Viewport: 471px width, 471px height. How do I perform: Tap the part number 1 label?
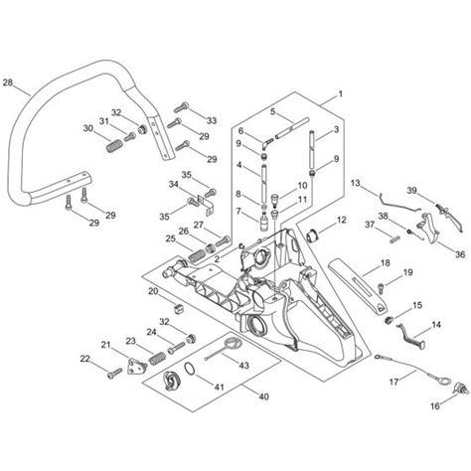click(x=340, y=94)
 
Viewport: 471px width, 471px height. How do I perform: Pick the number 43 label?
click(x=243, y=366)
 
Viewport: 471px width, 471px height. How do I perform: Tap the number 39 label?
click(x=411, y=189)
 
